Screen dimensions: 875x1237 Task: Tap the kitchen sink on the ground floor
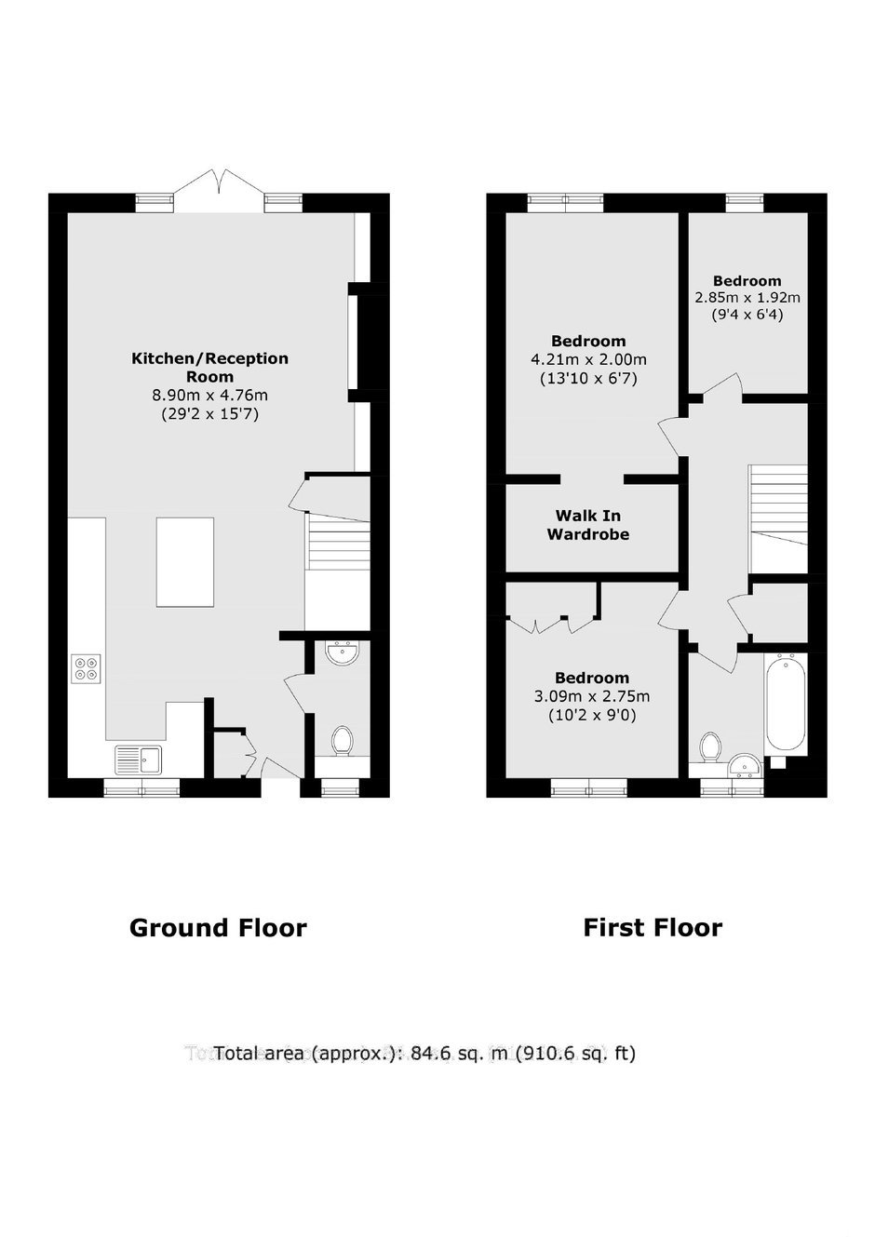139,760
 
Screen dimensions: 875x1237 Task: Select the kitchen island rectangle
185,562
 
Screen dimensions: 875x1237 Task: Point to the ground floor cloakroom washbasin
343,653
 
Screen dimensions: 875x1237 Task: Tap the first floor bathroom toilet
709,747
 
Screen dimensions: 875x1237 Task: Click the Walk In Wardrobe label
587,525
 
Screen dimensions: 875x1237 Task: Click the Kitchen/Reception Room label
210,368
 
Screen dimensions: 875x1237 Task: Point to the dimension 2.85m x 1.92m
747,298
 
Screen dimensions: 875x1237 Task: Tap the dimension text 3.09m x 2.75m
592,696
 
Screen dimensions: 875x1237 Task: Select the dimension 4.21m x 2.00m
588,359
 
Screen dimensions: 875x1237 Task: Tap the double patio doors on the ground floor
220,191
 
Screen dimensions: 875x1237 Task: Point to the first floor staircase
778,519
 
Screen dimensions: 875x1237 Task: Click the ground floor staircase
338,545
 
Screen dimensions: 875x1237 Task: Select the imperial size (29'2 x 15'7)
210,413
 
